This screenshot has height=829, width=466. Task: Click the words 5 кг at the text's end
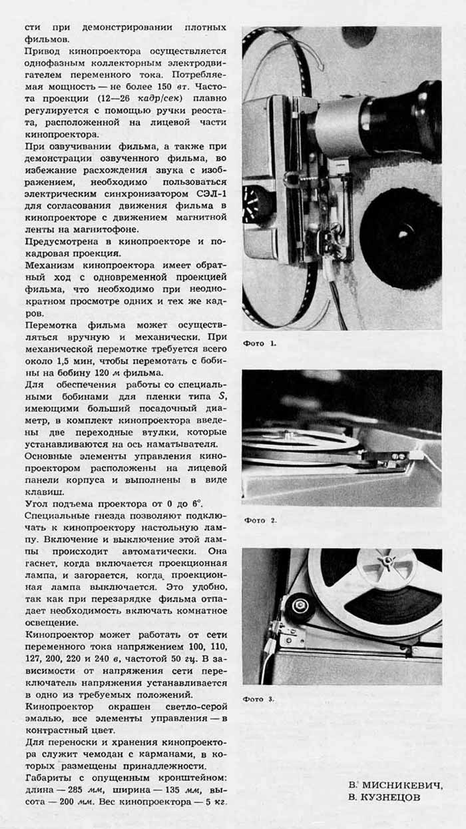(x=215, y=800)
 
